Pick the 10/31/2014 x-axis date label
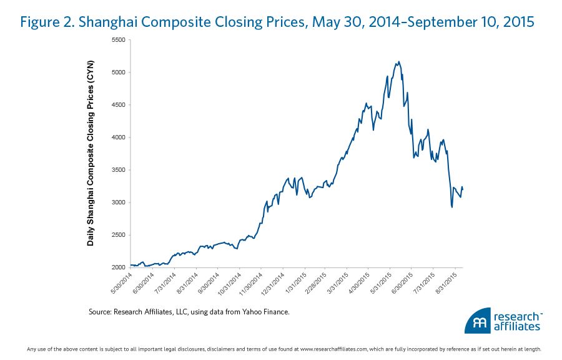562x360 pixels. click(x=229, y=282)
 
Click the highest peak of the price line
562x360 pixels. click(x=399, y=61)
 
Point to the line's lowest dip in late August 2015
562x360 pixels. click(x=451, y=207)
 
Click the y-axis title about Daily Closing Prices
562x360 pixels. click(x=91, y=152)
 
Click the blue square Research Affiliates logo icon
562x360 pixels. click(x=477, y=320)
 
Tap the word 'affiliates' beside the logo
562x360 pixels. click(x=516, y=326)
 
